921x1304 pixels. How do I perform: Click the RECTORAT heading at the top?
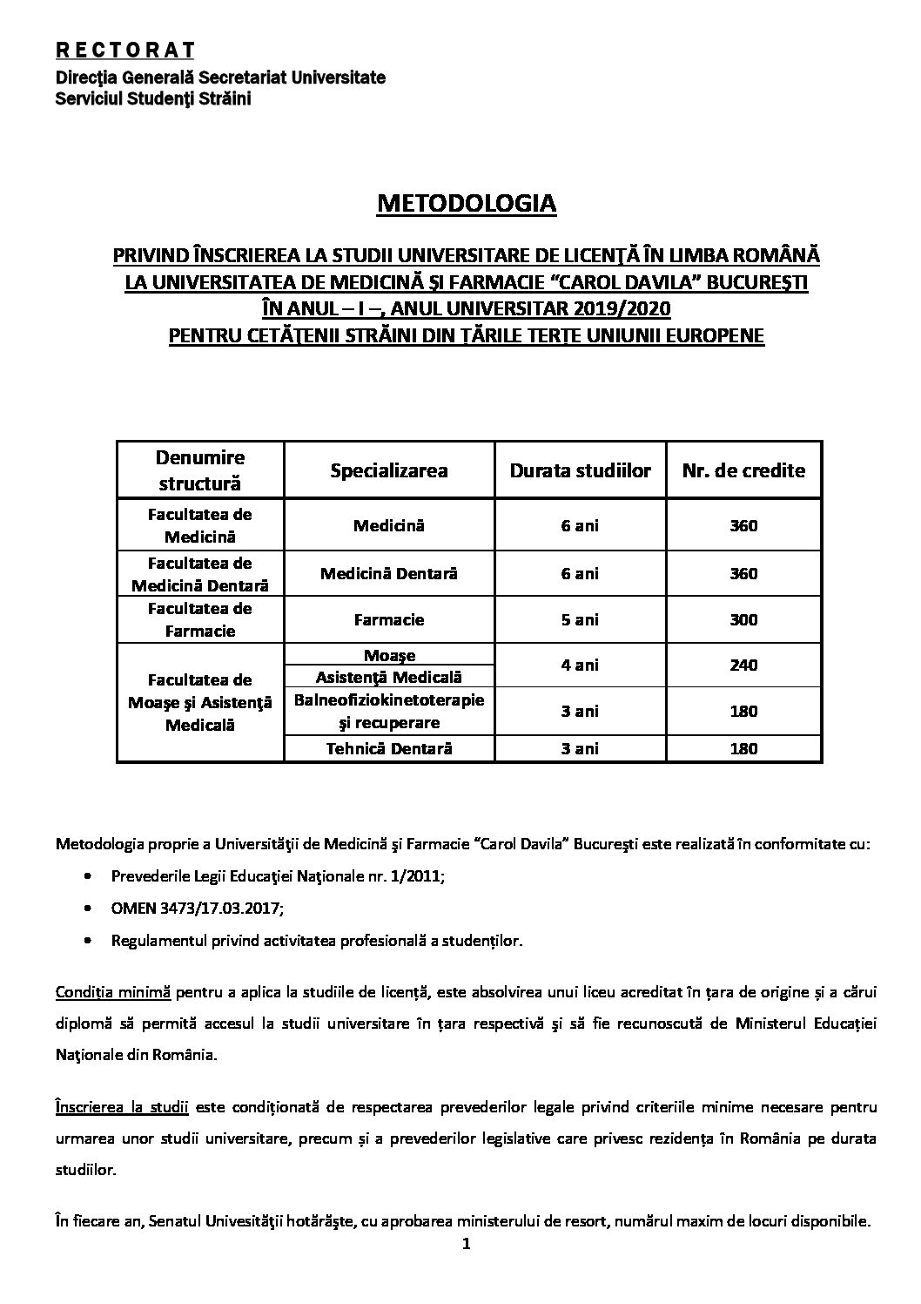coord(124,50)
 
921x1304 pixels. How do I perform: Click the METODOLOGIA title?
coord(466,204)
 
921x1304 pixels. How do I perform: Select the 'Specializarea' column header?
coord(389,470)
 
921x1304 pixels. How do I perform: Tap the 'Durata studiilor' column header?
coord(580,470)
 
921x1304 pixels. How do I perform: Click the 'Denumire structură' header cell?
coord(200,470)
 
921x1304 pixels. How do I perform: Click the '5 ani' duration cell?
coord(580,620)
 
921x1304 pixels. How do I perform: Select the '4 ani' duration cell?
coord(580,666)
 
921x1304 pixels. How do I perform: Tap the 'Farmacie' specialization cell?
coord(389,620)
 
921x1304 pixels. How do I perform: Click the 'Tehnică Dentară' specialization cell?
coord(389,748)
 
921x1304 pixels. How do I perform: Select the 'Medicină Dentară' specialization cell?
coord(389,574)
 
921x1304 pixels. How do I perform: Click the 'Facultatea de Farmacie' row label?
coord(200,620)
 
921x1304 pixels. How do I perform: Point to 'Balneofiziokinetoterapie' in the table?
coord(389,700)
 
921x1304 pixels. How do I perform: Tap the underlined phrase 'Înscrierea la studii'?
coord(122,1108)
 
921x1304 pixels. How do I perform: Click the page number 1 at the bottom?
coord(466,1245)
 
